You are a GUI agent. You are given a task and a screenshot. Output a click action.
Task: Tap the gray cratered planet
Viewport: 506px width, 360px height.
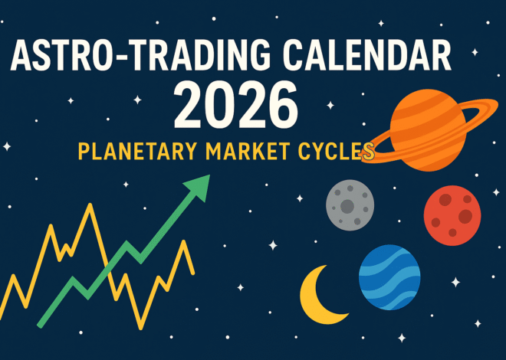click(350, 204)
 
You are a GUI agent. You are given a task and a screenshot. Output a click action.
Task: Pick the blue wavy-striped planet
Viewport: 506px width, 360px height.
click(389, 277)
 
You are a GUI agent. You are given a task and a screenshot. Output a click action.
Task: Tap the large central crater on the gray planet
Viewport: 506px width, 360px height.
click(348, 206)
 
